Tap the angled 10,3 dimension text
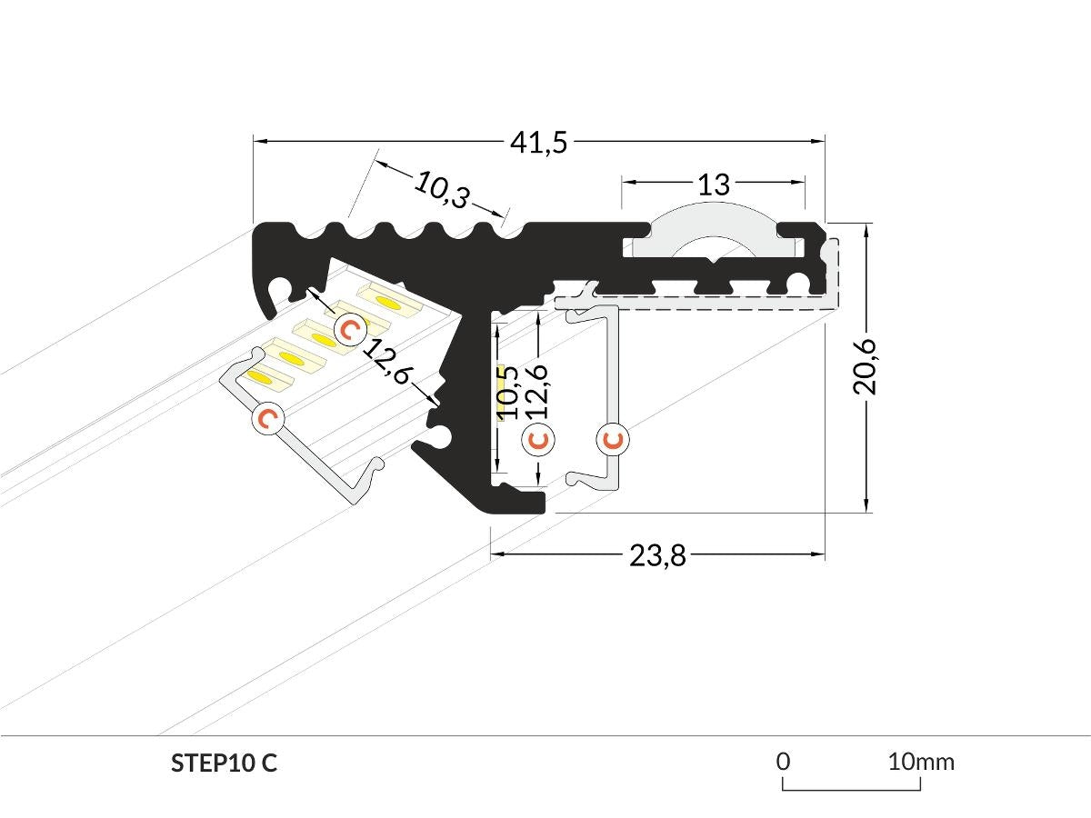coord(442,189)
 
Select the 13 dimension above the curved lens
coord(714,185)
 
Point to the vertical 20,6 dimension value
coord(866,365)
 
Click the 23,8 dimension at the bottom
coord(657,555)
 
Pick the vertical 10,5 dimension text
coord(508,392)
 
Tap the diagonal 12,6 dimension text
coord(386,361)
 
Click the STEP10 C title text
coord(224,763)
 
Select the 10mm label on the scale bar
coord(921,761)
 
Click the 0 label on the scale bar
coord(784,761)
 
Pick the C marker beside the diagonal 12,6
coord(349,328)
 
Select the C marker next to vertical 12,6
coord(539,440)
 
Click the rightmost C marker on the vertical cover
coord(614,440)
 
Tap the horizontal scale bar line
coord(852,789)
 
